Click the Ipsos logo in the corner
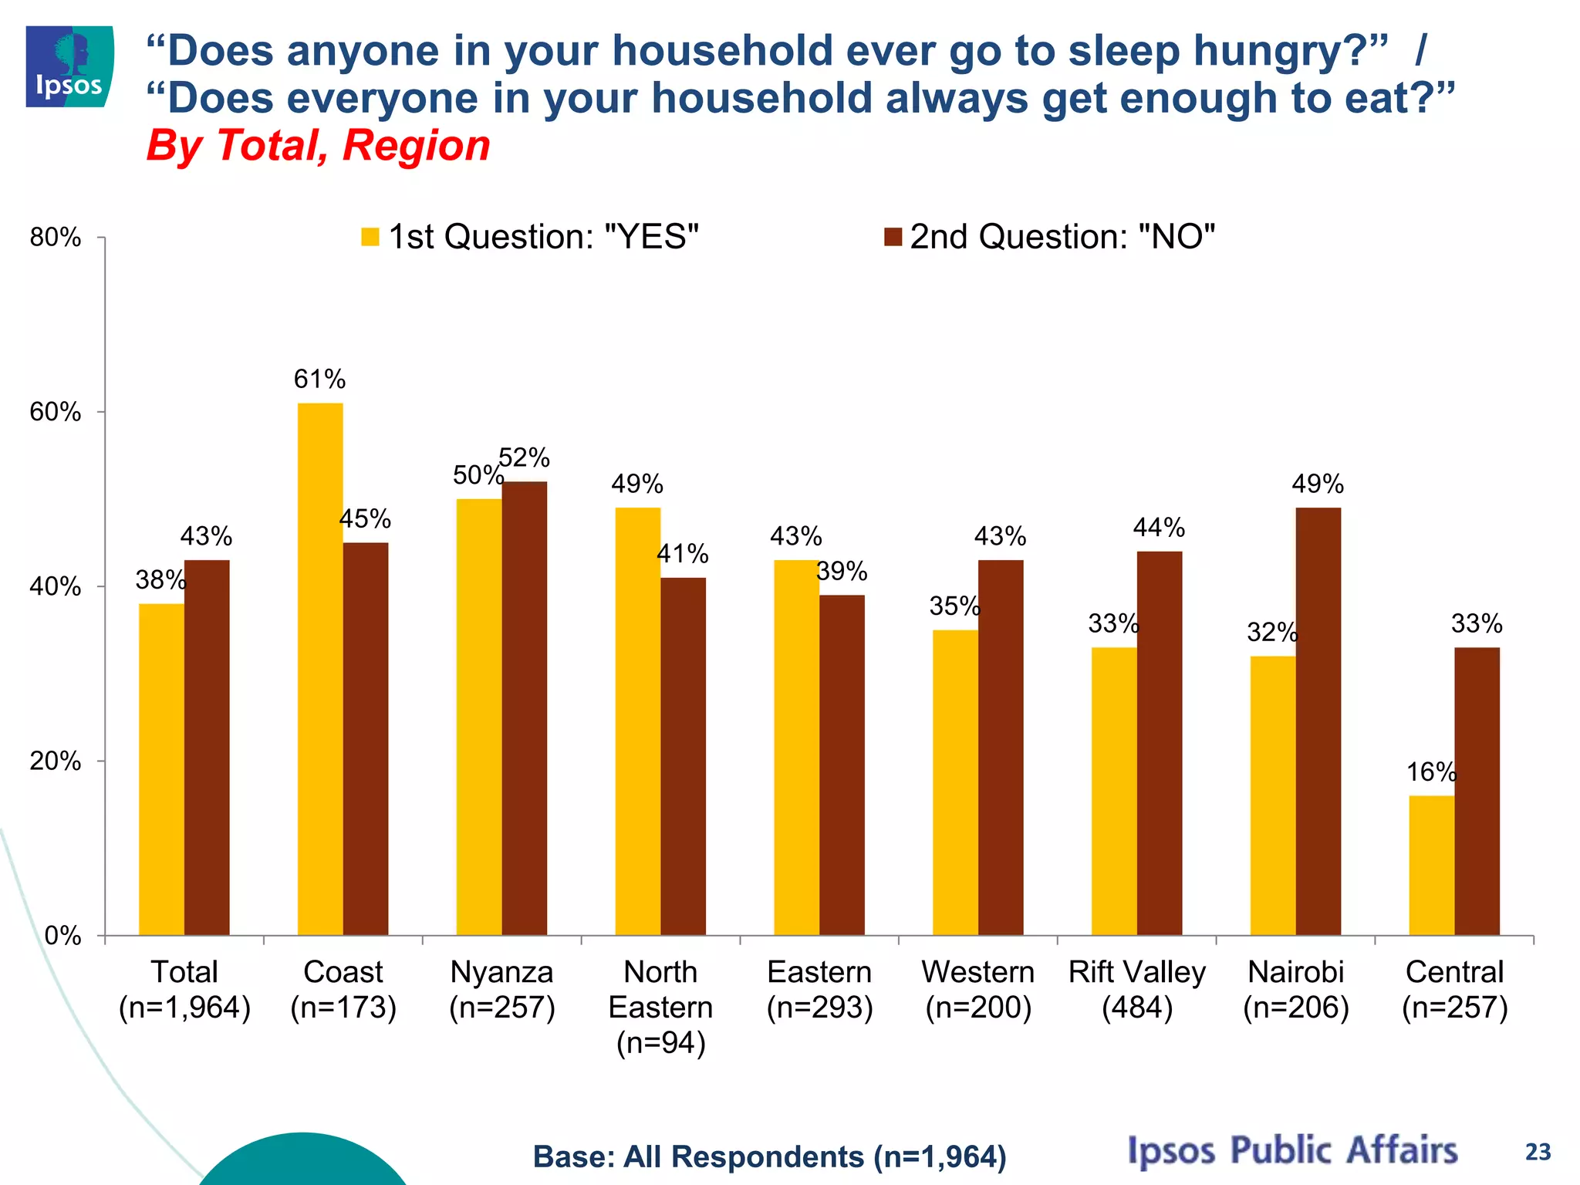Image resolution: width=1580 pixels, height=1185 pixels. coord(69,66)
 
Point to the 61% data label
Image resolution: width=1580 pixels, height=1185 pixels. coord(319,380)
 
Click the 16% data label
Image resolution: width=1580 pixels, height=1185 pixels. coord(1431,772)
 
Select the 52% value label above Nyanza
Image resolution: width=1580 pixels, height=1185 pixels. coord(524,458)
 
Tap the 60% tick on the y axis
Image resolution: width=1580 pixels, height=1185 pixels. coord(56,412)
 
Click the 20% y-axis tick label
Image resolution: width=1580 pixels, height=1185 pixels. coord(56,761)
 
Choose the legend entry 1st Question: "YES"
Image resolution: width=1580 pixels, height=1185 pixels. coord(530,237)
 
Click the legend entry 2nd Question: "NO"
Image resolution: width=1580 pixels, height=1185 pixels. coord(1050,237)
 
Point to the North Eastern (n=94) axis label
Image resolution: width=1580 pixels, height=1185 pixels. coord(660,1007)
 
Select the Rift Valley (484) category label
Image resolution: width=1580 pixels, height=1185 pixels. coord(1136,990)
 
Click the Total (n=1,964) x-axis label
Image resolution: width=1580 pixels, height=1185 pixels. coord(184,990)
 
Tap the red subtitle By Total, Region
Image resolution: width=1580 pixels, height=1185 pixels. coord(318,145)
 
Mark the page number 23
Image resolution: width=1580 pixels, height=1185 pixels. coord(1538,1152)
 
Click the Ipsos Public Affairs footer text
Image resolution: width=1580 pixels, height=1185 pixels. coord(1292,1150)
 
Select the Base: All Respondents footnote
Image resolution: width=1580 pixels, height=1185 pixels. coord(769,1157)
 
